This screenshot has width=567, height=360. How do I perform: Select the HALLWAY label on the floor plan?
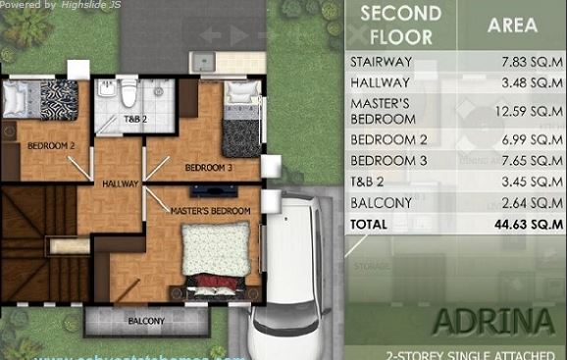coord(118,183)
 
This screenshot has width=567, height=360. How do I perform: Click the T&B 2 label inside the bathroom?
coord(134,119)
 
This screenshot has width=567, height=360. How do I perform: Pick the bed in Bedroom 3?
coord(239,120)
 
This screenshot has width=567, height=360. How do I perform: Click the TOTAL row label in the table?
coord(370,224)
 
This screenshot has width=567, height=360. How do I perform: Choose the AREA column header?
coord(512,26)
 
